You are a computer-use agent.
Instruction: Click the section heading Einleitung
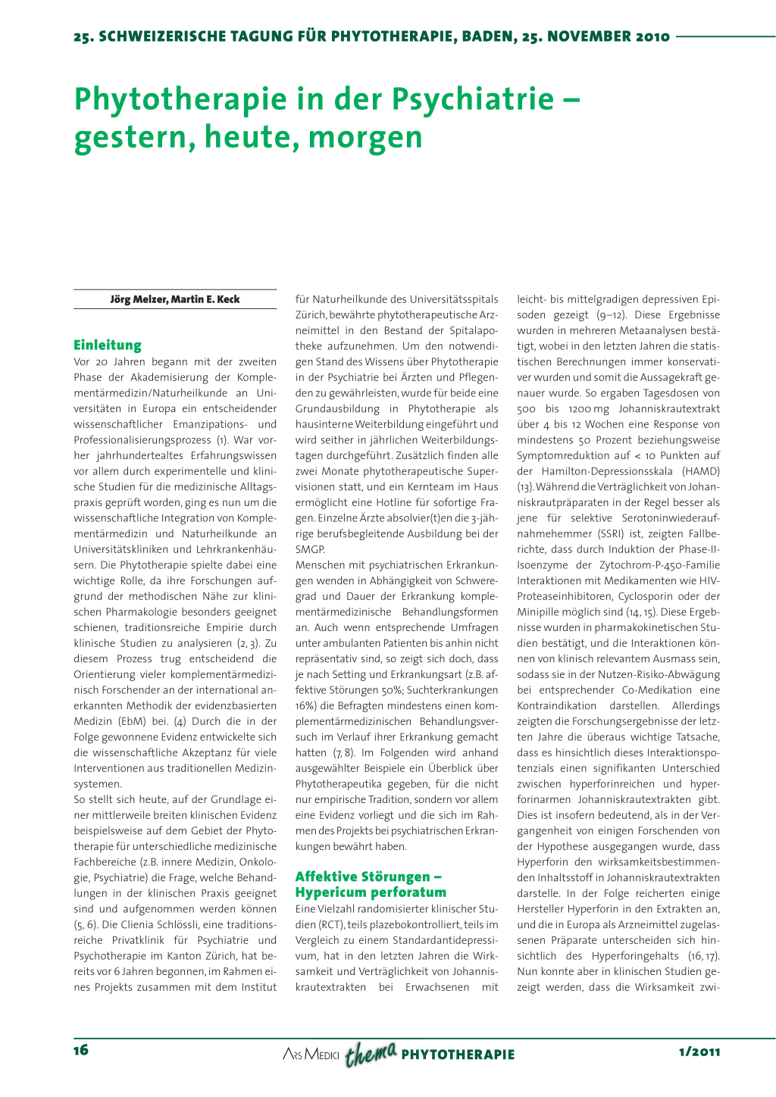[x=108, y=345]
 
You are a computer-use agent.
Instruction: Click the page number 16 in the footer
[x=81, y=1050]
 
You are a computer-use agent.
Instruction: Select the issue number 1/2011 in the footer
[x=699, y=1052]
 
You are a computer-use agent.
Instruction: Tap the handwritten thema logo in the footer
[x=371, y=1052]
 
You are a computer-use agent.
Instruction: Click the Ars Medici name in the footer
[x=311, y=1054]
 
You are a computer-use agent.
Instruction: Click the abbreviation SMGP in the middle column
[x=310, y=549]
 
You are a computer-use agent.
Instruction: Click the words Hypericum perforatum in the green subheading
[x=371, y=892]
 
